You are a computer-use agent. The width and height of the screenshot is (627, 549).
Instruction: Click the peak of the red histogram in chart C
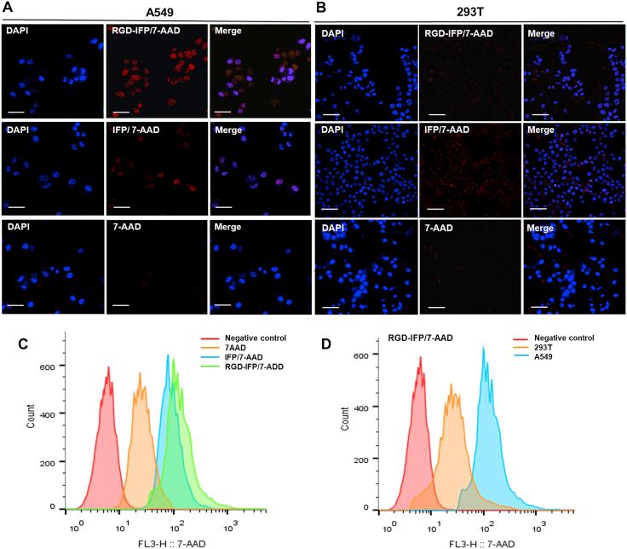click(108, 368)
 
